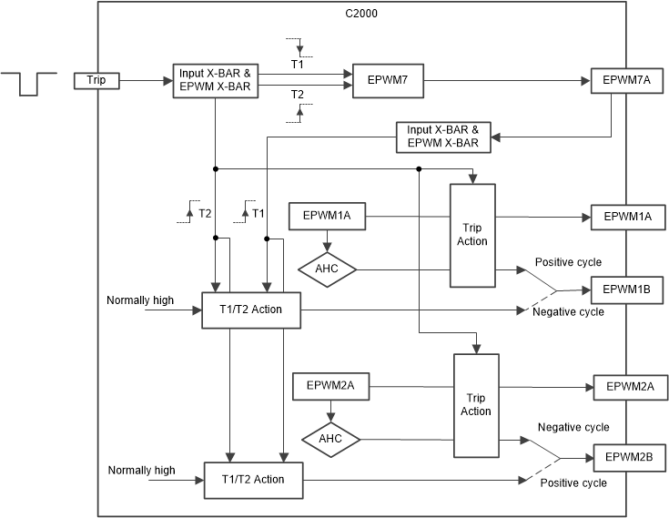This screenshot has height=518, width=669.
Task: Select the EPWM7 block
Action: coord(386,80)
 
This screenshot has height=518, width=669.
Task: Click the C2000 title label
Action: coord(361,13)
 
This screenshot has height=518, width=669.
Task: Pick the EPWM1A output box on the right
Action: coord(627,217)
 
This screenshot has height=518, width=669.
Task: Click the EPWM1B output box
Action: coord(627,290)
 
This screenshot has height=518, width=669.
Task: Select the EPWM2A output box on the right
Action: coord(630,387)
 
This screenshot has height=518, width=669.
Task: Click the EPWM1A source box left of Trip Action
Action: coord(326,217)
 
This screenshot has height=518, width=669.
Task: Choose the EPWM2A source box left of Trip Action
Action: coord(329,387)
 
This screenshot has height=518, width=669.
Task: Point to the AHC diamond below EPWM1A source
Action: coord(327,269)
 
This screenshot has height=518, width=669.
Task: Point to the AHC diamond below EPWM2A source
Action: coord(330,440)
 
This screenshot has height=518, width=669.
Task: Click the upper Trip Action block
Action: coord(472,234)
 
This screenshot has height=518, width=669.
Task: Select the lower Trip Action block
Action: coord(476,404)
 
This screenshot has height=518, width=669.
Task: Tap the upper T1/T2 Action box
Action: coord(250,310)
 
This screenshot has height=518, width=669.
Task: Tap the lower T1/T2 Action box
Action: coord(252,479)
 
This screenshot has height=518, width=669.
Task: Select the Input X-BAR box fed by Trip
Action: coord(215,80)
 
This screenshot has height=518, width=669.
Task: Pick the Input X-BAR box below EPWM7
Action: coord(443,137)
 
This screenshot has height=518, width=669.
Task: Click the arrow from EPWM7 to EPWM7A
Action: coord(504,80)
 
